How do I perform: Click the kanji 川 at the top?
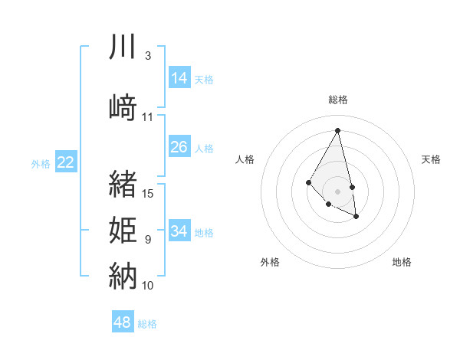[123, 47]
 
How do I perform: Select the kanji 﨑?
[123, 107]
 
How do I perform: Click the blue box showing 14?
[179, 78]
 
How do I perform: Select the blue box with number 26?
[179, 147]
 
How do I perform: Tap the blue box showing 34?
[179, 231]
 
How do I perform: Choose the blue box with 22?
[65, 162]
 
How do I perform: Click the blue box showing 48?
[123, 322]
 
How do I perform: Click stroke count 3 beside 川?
[148, 56]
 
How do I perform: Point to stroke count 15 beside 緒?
[149, 194]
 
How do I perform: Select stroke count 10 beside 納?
[148, 286]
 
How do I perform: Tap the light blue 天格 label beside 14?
[204, 80]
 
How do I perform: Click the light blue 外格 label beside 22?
[41, 164]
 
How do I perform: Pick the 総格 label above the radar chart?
[338, 100]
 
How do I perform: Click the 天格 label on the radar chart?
[431, 159]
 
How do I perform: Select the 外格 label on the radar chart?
[270, 262]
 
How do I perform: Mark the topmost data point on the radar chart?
[338, 130]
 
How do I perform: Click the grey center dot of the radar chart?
[338, 191]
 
